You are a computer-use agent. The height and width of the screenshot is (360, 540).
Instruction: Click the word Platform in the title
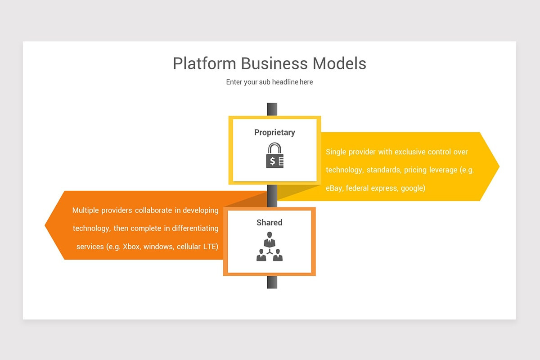click(x=204, y=63)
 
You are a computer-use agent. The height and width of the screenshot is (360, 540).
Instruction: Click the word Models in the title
click(x=339, y=63)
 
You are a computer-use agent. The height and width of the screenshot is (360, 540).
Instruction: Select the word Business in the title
click(x=274, y=63)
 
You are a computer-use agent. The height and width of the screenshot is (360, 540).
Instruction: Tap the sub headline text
click(x=270, y=82)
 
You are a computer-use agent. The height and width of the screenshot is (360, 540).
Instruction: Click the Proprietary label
click(x=274, y=132)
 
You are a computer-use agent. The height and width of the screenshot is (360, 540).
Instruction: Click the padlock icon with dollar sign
click(x=275, y=155)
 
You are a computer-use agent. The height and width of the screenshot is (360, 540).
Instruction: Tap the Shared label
click(x=269, y=222)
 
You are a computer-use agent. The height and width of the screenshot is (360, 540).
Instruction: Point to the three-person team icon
click(x=270, y=247)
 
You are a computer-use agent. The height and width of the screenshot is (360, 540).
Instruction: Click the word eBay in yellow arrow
click(x=334, y=188)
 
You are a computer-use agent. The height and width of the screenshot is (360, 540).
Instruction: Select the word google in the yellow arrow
click(x=413, y=188)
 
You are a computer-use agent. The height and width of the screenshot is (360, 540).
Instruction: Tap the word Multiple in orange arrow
click(x=85, y=210)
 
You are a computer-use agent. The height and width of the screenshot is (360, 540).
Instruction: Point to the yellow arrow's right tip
click(x=499, y=166)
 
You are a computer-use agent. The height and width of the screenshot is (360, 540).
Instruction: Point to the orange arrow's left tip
click(x=45, y=225)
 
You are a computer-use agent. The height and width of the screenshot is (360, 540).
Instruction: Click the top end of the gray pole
click(x=272, y=103)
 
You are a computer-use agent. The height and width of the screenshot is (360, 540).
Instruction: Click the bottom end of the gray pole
click(x=272, y=288)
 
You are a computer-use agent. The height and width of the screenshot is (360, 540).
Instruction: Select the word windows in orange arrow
click(x=158, y=247)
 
